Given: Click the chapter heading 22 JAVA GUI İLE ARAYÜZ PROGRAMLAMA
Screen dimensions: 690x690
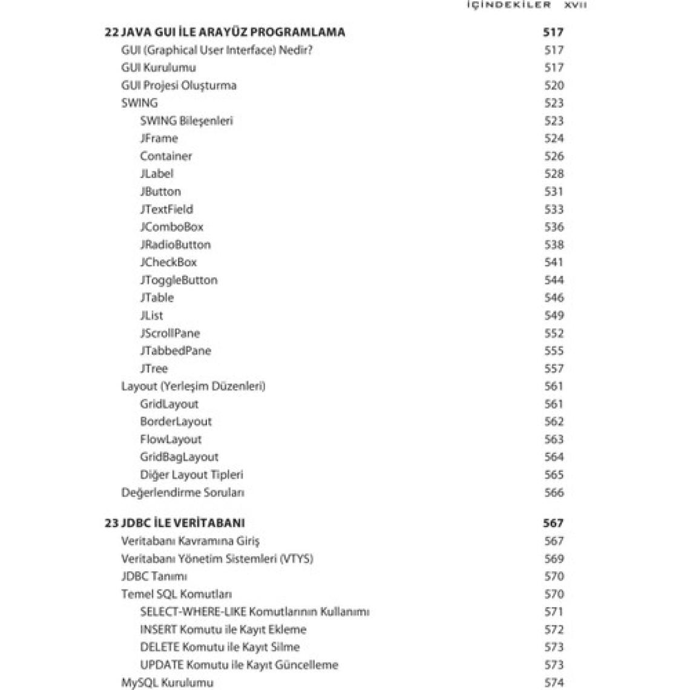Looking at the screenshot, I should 225,32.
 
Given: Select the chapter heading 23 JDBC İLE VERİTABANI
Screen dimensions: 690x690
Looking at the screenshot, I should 174,523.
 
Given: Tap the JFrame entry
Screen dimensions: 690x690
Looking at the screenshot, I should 159,138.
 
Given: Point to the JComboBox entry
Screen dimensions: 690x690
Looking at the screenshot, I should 171,227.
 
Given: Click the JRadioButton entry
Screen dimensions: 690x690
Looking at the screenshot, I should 175,245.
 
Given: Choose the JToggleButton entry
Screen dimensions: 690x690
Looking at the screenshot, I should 178,280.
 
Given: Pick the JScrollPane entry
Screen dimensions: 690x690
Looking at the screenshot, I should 169,333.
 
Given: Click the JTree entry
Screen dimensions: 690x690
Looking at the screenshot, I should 154,368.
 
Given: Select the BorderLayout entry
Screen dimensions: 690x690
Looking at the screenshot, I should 176,421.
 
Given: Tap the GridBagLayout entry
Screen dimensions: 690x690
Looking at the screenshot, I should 179,457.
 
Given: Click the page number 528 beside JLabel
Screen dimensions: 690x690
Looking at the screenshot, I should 554,174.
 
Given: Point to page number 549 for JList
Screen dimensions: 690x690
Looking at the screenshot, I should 554,315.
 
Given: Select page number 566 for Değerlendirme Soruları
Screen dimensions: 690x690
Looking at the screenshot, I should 554,492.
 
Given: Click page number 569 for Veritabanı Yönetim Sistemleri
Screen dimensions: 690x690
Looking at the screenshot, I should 554,559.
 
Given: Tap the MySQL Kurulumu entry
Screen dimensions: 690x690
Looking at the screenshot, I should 167,682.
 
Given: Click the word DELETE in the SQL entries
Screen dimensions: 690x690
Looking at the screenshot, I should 159,647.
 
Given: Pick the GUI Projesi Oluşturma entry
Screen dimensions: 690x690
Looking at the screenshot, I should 179,85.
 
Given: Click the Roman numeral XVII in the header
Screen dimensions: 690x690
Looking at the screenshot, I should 575,5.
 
